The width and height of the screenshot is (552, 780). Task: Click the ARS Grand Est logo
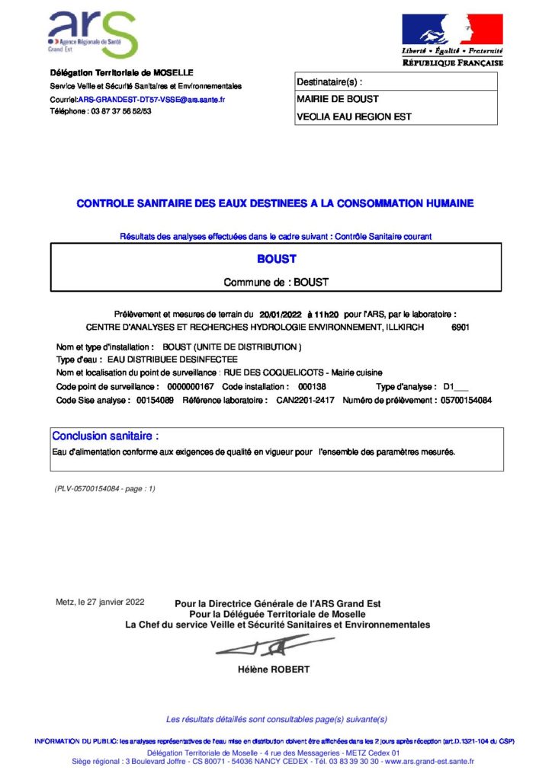click(x=91, y=34)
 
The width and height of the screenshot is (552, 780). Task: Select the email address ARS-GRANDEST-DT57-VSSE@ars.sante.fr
click(x=151, y=99)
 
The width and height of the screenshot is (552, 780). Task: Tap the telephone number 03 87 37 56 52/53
click(x=121, y=111)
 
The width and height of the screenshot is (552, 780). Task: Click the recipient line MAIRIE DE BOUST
click(x=337, y=99)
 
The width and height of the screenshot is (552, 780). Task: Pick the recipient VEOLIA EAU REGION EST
click(x=353, y=117)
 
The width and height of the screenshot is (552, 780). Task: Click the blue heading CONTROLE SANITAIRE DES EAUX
click(x=275, y=203)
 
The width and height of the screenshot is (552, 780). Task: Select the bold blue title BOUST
click(x=276, y=259)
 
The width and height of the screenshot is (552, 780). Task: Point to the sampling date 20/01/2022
click(x=281, y=314)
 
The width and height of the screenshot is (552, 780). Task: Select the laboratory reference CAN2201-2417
click(x=304, y=400)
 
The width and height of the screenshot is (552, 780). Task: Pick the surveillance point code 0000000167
click(x=190, y=387)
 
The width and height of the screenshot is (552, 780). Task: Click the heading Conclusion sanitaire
click(x=105, y=436)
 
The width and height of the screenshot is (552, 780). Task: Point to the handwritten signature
click(x=263, y=648)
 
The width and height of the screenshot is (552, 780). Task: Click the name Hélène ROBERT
click(x=274, y=670)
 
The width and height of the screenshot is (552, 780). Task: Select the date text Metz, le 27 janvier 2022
click(x=100, y=603)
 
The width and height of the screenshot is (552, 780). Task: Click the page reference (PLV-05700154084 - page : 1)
click(x=104, y=488)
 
